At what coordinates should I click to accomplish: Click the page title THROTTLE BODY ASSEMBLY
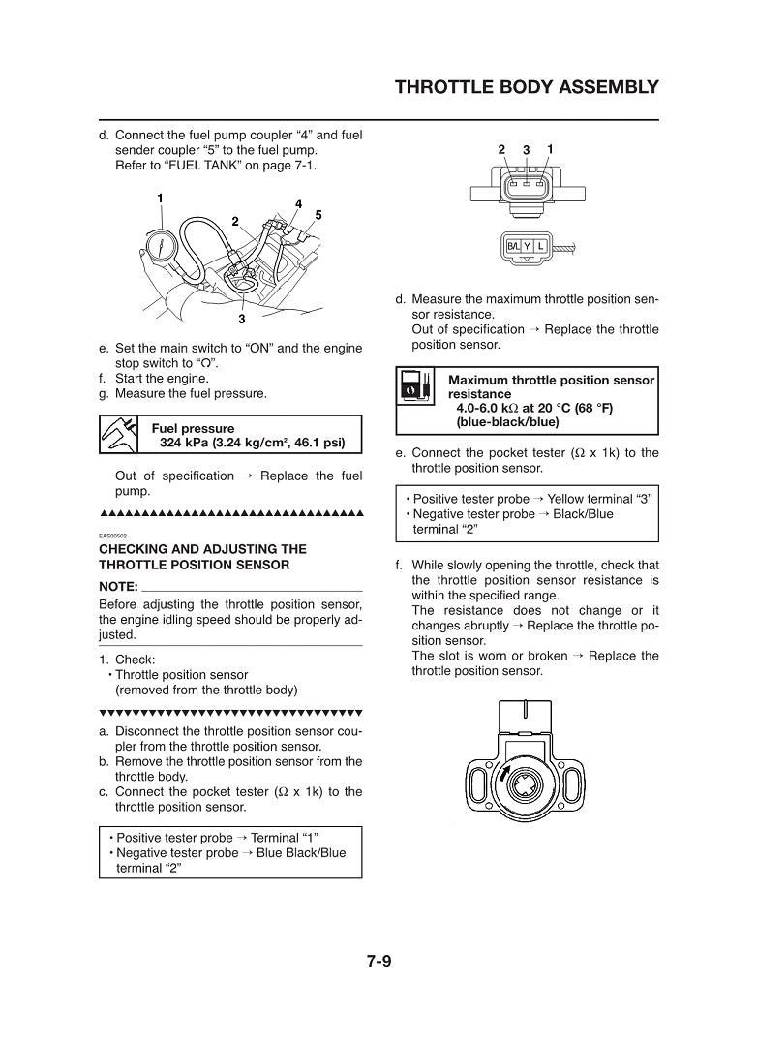tap(527, 88)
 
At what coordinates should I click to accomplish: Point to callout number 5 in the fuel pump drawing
tap(318, 214)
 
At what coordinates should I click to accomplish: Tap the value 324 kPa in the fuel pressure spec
tap(188, 444)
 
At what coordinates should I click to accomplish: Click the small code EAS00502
tap(113, 535)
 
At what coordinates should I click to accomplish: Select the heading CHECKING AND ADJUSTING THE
tap(202, 549)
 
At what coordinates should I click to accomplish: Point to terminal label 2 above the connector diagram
tap(501, 149)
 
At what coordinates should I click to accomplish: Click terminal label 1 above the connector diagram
tap(550, 149)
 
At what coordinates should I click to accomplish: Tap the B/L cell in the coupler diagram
tap(514, 246)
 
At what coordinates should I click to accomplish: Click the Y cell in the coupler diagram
tap(528, 246)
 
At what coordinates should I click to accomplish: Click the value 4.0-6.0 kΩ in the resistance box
tap(490, 409)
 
